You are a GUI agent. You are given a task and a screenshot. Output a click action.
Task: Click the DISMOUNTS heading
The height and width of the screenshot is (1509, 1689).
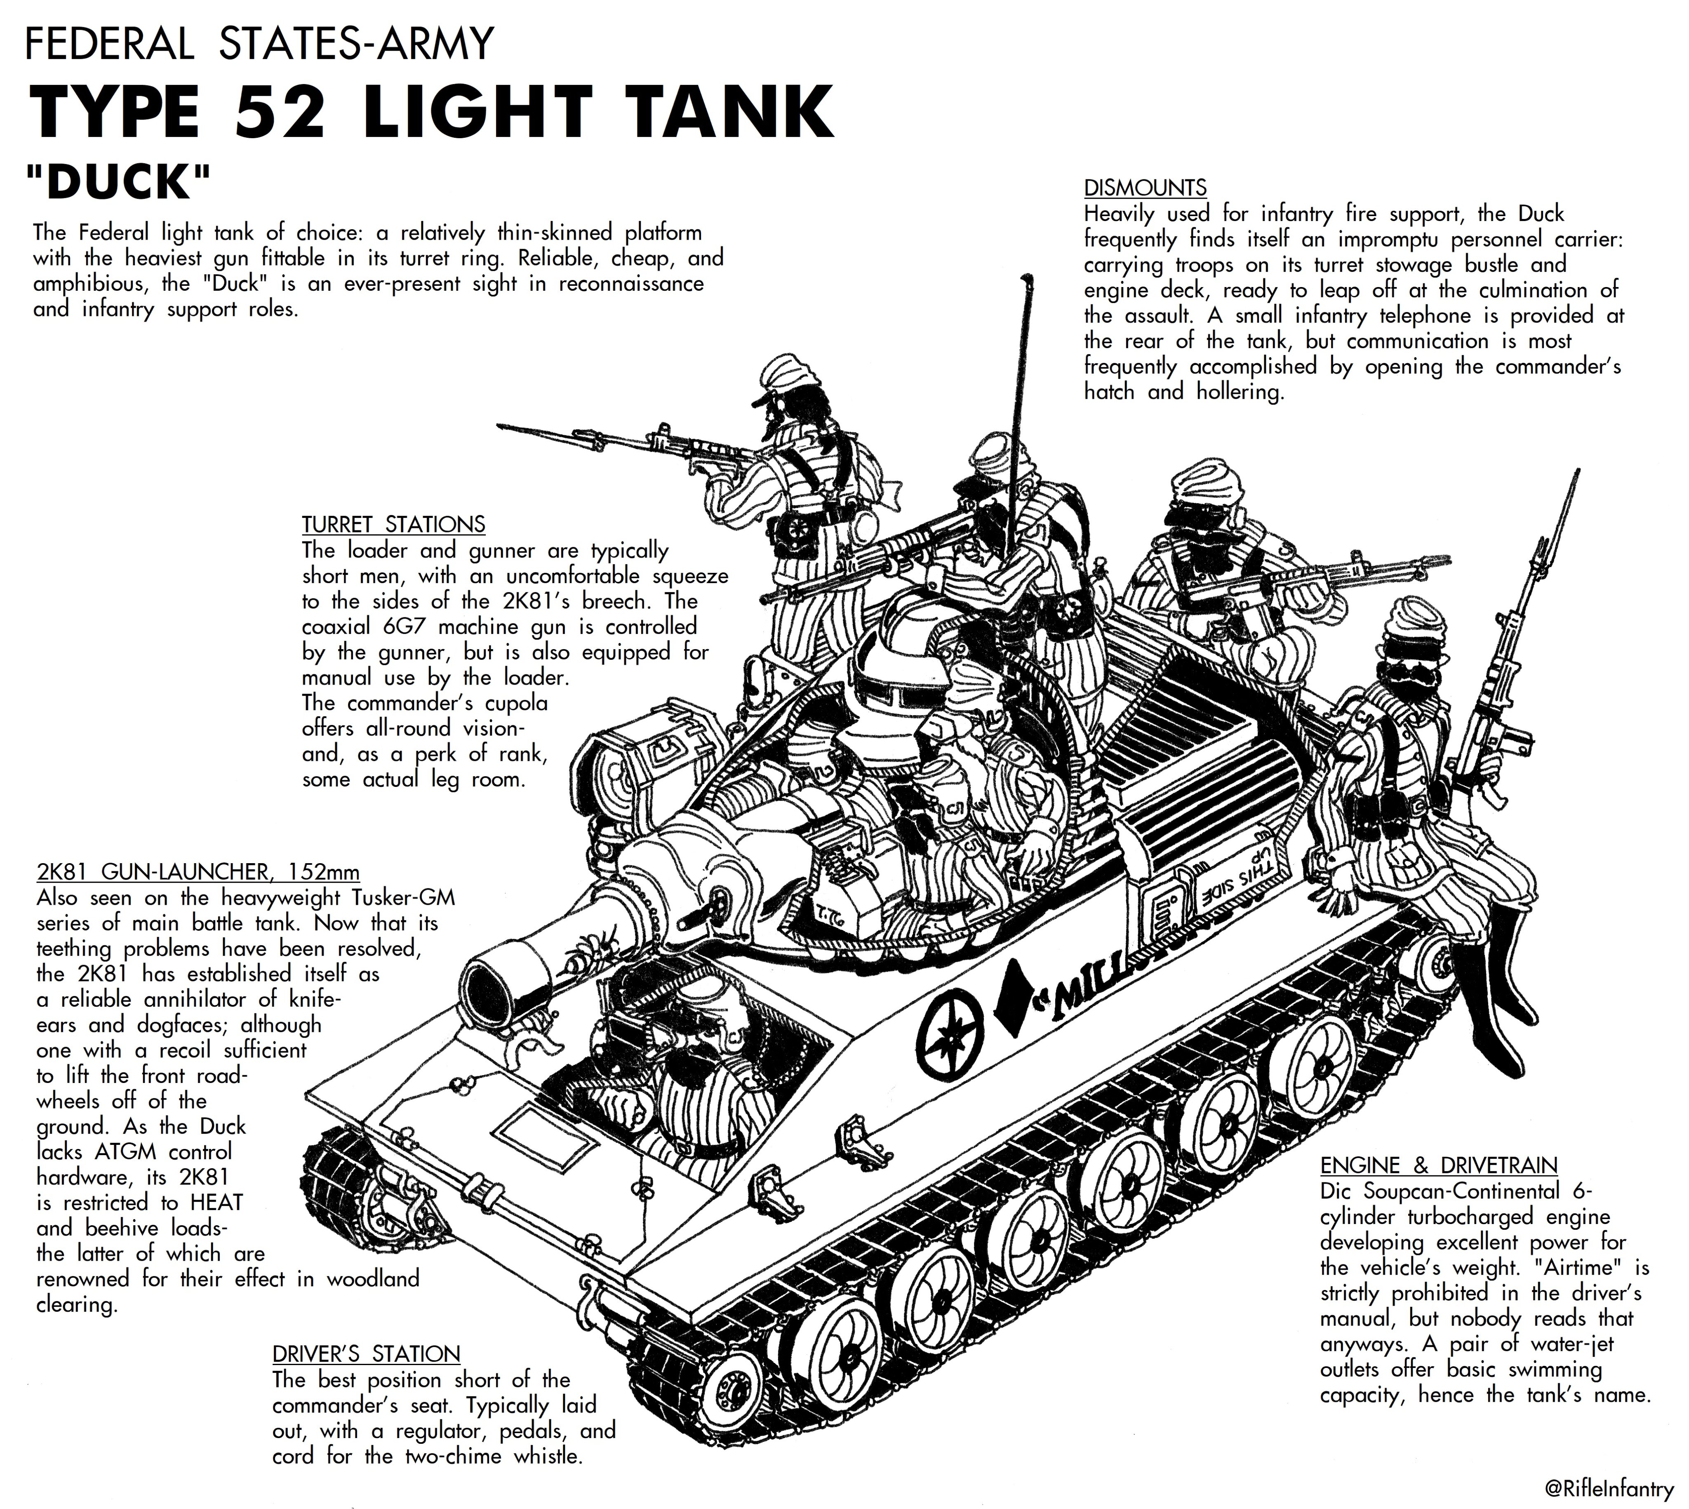coord(1145,187)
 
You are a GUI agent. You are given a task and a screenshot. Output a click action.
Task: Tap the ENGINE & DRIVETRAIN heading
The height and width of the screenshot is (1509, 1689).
coord(1439,1165)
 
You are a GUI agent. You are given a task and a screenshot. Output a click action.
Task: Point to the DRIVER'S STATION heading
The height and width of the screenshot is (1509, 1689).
coord(366,1354)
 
